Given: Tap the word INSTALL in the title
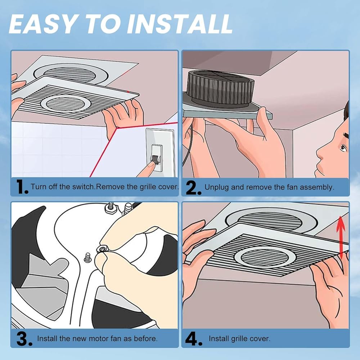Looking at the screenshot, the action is click(179, 24).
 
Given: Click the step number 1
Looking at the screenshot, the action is click(22, 187).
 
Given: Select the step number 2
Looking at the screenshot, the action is click(193, 188).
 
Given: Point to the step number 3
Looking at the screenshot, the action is click(24, 339).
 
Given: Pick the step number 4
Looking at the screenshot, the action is click(194, 339).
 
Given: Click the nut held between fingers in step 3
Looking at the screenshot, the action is click(101, 248).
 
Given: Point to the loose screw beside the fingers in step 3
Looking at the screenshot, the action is click(87, 258).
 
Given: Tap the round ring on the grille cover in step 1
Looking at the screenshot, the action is click(66, 103).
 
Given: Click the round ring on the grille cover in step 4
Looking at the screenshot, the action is click(265, 257).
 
